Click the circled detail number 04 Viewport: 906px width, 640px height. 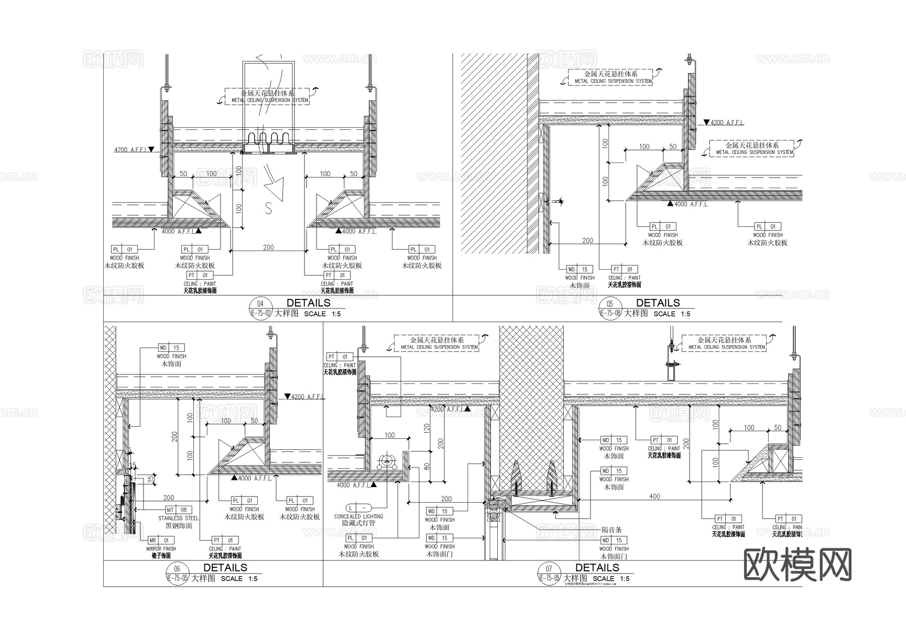point(260,304)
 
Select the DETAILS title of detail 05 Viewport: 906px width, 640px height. point(658,303)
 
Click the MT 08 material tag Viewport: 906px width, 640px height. point(177,510)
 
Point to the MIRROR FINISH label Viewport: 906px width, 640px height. point(161,549)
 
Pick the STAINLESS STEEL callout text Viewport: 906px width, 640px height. point(178,518)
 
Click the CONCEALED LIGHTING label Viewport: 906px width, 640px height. point(358,516)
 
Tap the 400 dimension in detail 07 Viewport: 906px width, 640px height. point(654,496)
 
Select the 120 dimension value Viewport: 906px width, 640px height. point(427,429)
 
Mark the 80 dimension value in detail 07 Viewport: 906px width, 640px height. point(427,465)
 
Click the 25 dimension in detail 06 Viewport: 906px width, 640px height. point(150,479)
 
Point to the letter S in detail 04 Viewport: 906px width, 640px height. point(269,208)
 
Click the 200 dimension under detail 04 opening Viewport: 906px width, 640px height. point(268,247)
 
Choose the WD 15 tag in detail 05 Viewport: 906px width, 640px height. point(580,269)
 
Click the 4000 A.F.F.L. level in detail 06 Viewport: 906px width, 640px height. point(255,478)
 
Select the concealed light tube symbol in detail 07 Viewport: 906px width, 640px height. point(387,461)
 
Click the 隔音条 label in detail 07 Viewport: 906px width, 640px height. point(612,530)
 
